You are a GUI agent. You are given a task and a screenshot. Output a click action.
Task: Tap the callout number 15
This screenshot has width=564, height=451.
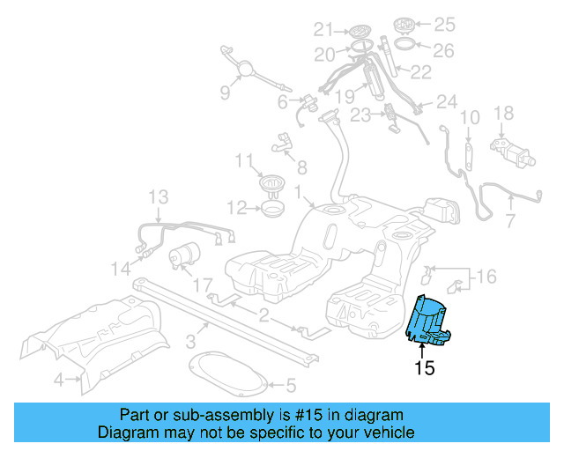425,368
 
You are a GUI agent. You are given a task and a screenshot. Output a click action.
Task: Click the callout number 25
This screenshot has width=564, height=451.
444,23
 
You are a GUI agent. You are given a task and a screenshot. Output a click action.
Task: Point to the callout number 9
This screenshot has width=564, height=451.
225,92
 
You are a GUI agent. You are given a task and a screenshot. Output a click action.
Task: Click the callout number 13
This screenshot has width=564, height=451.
157,196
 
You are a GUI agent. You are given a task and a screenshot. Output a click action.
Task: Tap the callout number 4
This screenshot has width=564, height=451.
58,381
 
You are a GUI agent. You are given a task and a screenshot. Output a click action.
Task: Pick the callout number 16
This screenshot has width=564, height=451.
485,278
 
